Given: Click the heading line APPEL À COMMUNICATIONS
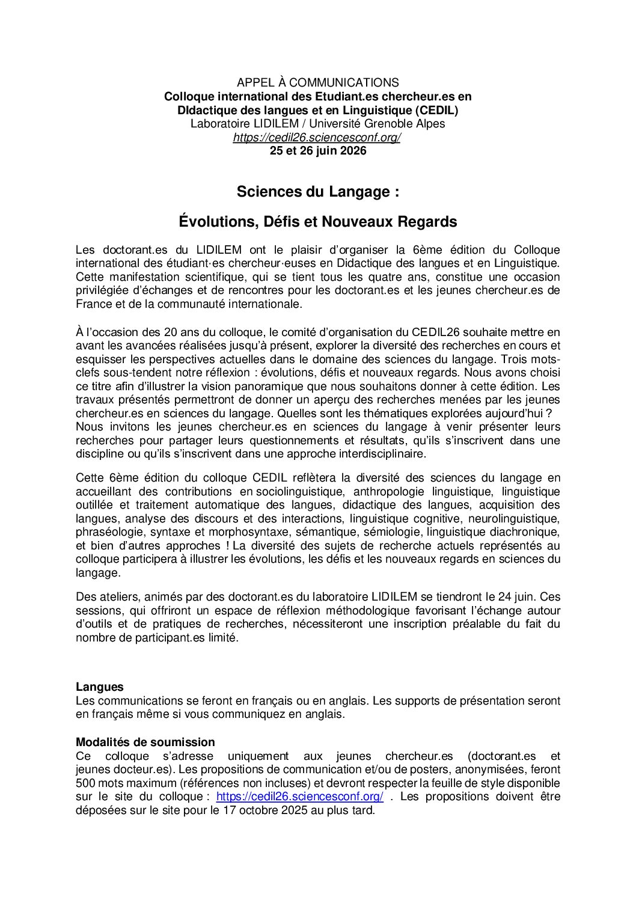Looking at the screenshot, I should coord(317,82).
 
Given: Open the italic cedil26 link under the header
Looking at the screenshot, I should coord(317,138).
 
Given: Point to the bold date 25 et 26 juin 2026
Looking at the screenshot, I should coord(317,151).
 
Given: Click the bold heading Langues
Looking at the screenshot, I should coord(100,687).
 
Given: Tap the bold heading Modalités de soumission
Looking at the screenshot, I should coord(145,742).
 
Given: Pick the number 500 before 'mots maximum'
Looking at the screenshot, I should coord(85,783).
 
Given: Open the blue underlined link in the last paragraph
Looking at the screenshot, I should coord(299,797).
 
